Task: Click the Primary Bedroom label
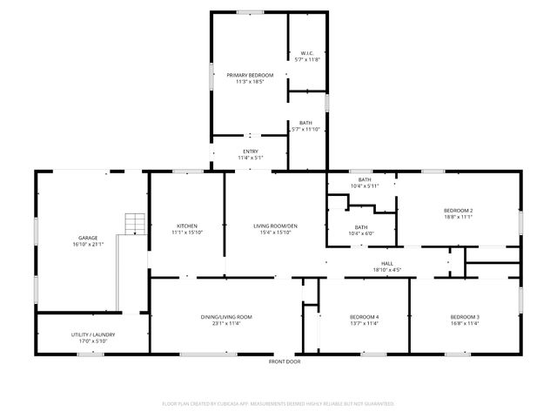[x=245, y=76]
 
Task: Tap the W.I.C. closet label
[x=307, y=53]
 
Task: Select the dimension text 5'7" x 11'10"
[x=307, y=130]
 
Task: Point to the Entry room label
[x=250, y=152]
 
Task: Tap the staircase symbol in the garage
[x=134, y=224]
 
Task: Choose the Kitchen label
[x=186, y=226]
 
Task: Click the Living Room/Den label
[x=275, y=226]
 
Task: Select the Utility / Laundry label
[x=92, y=334]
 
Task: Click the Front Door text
[x=285, y=361]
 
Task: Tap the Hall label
[x=386, y=263]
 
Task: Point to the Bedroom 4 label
[x=364, y=317]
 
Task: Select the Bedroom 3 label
[x=465, y=317]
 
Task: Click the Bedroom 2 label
[x=458, y=211]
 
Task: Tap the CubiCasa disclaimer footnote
[x=278, y=404]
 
